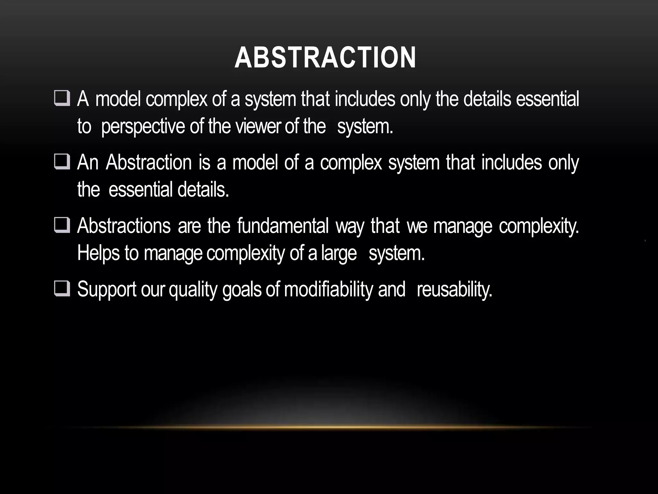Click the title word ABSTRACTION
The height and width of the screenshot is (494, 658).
click(x=325, y=58)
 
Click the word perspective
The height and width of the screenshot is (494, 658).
click(x=143, y=127)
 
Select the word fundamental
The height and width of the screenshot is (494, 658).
click(x=283, y=226)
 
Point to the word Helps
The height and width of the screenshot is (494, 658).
click(x=98, y=253)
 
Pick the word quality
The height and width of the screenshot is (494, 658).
click(x=193, y=289)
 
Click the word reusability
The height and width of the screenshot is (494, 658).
click(x=454, y=289)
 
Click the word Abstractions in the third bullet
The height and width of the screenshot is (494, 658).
click(x=124, y=226)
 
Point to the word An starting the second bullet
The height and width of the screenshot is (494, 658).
click(x=87, y=162)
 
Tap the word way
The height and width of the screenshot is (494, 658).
click(x=350, y=226)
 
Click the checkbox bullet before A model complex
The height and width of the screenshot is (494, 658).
click(x=62, y=99)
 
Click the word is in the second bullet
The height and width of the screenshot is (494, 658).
click(x=204, y=162)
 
